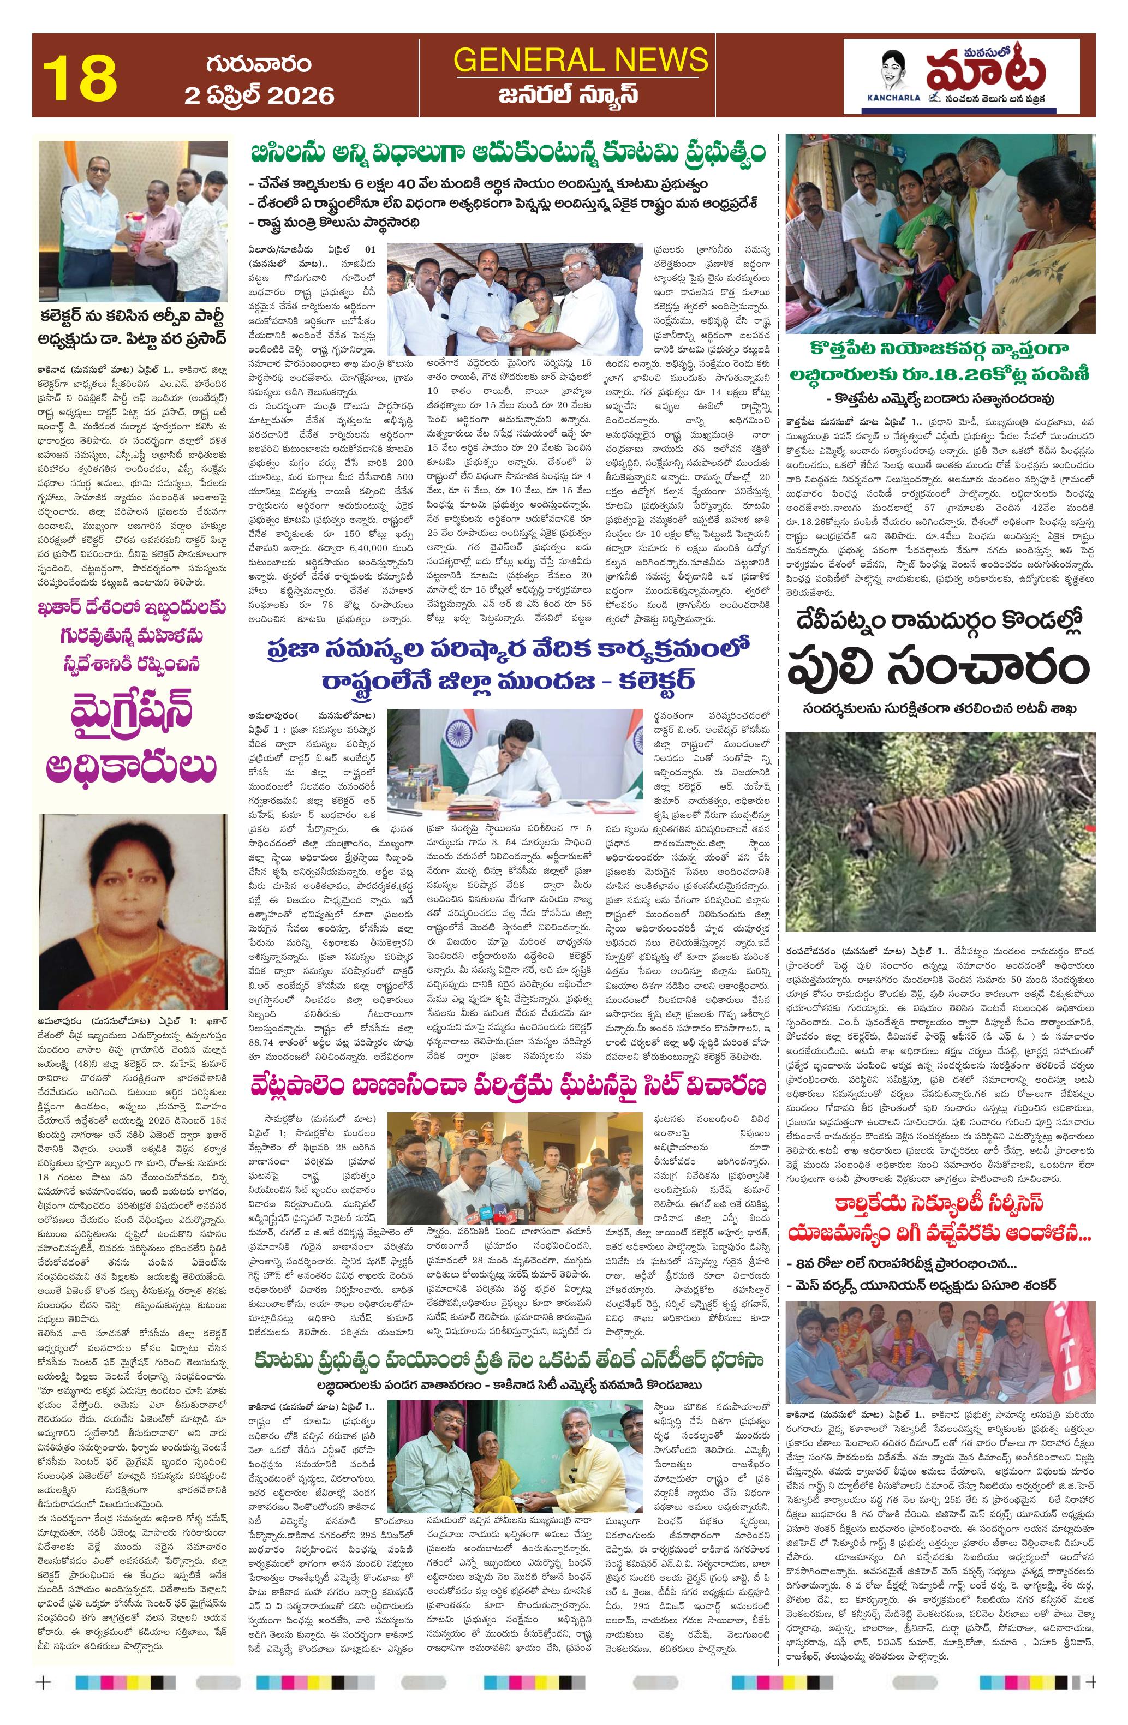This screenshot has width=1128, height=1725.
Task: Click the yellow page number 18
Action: pyautogui.click(x=80, y=78)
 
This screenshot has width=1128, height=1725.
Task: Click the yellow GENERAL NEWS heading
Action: pyautogui.click(x=580, y=59)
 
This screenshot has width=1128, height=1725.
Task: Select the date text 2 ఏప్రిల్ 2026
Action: pyautogui.click(x=259, y=95)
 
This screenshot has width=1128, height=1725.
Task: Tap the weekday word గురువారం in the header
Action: pyautogui.click(x=259, y=64)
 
